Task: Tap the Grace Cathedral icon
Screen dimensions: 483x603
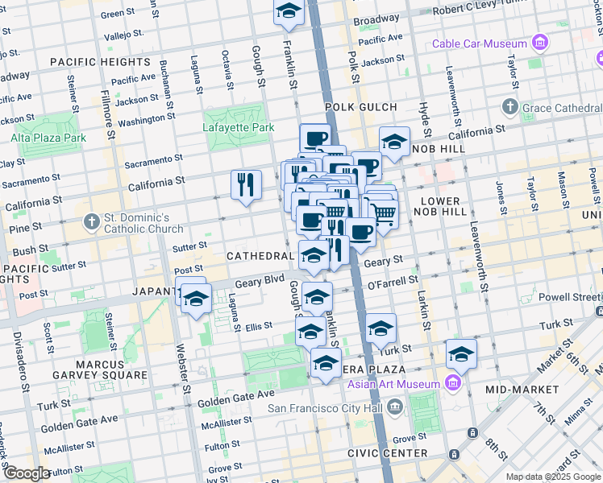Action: coord(509,106)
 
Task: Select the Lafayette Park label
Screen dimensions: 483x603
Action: coord(238,127)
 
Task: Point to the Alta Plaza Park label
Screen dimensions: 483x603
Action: coord(48,138)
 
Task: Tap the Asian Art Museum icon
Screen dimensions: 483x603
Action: coord(452,382)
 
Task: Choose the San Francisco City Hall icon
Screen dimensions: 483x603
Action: coord(394,407)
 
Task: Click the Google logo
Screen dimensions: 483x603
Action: coord(26,473)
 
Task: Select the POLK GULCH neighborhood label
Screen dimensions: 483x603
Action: coord(361,107)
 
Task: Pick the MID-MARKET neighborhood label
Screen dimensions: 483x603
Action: coord(522,389)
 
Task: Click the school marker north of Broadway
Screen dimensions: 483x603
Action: coord(288,13)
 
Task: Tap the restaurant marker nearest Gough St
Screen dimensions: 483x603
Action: coord(246,184)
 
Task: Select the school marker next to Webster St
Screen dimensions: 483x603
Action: coord(195,300)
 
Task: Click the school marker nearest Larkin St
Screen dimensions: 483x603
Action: coord(461,353)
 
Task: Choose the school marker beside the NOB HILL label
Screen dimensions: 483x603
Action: coord(394,142)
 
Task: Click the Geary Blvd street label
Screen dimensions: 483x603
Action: coord(261,283)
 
